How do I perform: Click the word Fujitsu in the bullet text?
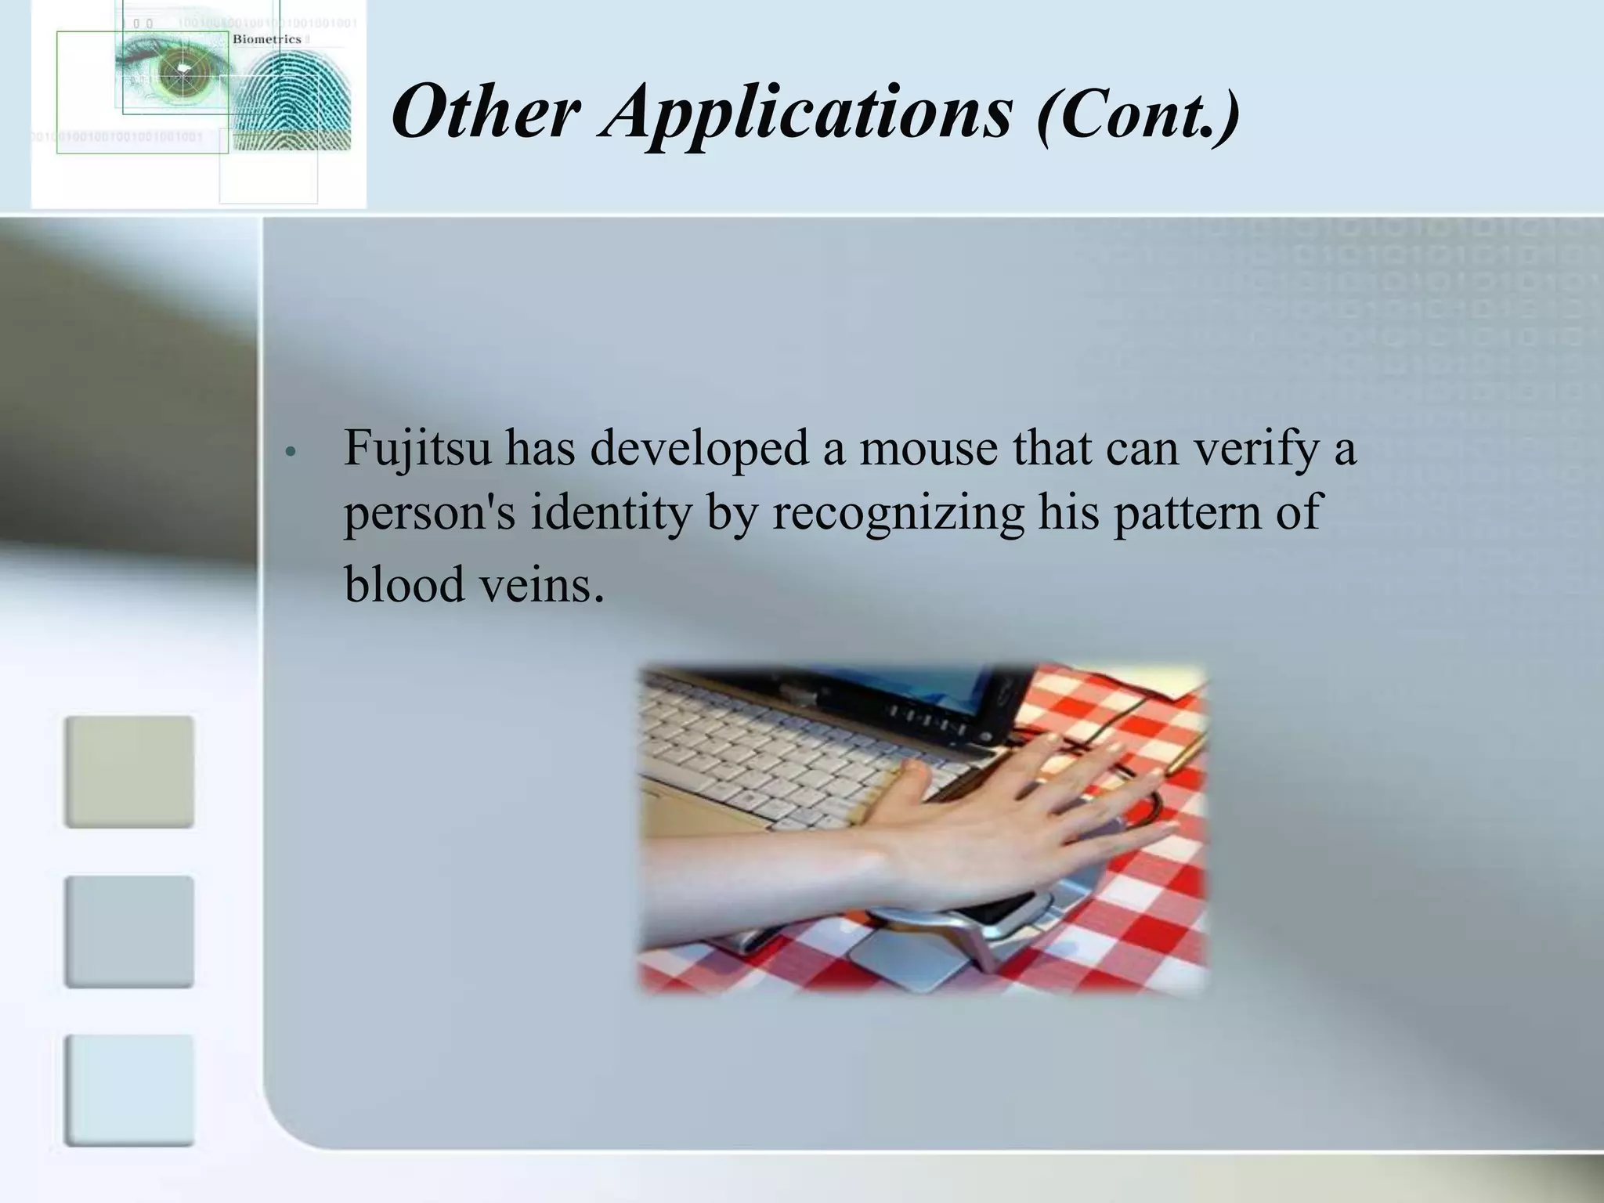click(417, 450)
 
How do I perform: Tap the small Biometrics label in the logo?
click(267, 39)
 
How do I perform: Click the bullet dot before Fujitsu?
click(290, 453)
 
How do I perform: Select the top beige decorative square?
click(129, 771)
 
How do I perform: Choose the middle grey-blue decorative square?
click(129, 931)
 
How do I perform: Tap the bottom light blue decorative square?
click(129, 1090)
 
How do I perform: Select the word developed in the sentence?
click(699, 450)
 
